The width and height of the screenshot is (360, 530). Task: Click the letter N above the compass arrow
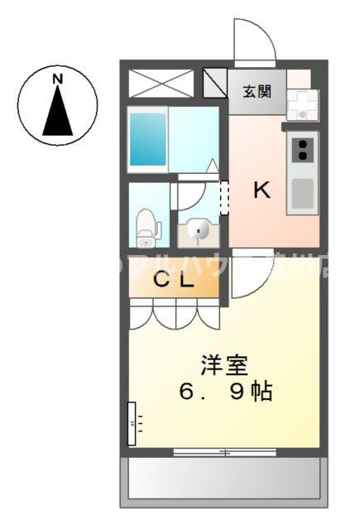click(x=58, y=79)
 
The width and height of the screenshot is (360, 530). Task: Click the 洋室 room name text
click(x=224, y=364)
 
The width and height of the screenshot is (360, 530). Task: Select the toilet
click(x=147, y=226)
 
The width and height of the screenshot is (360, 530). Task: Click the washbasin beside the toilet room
click(x=199, y=232)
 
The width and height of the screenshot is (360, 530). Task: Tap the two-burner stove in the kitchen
click(x=303, y=151)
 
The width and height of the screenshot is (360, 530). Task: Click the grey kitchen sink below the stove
click(x=303, y=193)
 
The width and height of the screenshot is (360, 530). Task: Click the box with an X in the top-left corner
click(x=161, y=84)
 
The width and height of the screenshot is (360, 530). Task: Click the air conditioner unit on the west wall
click(x=132, y=423)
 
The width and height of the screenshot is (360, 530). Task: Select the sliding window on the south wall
click(x=224, y=451)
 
